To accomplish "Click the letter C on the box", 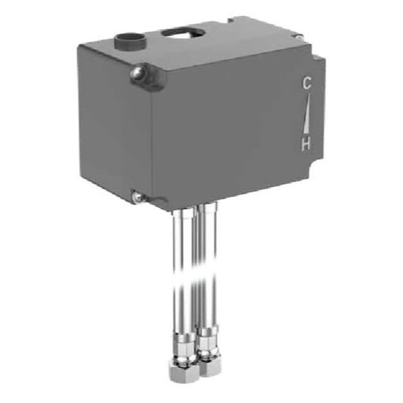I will click(x=307, y=84).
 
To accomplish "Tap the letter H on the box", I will click(x=307, y=143).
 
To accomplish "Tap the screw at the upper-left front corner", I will click(x=138, y=75).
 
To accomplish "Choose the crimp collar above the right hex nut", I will click(x=207, y=341).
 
